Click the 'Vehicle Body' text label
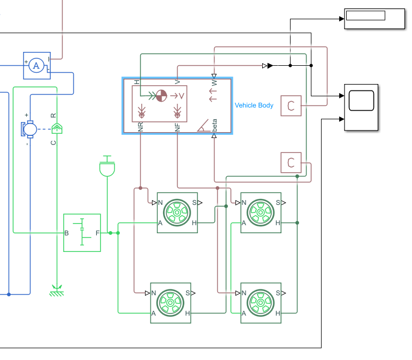click(254, 105)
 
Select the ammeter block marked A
click(36, 65)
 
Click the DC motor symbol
click(30, 129)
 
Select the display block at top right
click(374, 19)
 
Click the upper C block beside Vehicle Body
click(291, 105)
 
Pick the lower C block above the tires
click(291, 163)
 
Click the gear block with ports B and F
click(82, 232)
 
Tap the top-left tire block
click(177, 212)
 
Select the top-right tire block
click(261, 212)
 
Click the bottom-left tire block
click(170, 302)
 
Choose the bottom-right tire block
click(261, 302)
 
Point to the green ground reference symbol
click(55, 292)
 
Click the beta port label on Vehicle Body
click(215, 127)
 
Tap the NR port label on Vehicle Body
click(141, 127)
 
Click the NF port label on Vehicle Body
click(177, 127)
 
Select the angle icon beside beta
click(203, 125)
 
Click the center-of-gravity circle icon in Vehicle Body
click(162, 96)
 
